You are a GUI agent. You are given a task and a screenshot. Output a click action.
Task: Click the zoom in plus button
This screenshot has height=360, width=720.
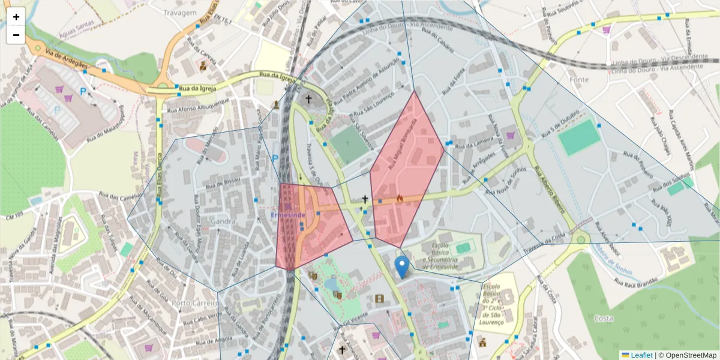coord(16,17)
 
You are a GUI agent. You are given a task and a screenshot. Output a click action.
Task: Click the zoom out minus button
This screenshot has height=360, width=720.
coord(16,35)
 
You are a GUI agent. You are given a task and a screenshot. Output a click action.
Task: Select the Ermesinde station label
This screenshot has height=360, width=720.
coord(289,214)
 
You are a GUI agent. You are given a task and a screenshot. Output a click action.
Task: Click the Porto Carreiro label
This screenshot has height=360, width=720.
coord(194,303)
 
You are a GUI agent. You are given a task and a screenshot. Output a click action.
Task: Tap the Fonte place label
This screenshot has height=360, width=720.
coord(580,79)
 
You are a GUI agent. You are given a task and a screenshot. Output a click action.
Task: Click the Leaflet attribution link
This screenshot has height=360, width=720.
coord(641,355)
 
